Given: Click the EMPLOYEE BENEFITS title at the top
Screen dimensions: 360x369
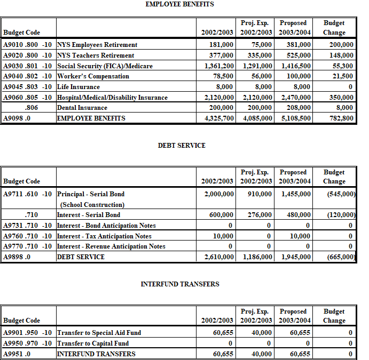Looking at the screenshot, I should click(180, 4).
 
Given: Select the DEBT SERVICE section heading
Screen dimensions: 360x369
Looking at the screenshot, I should click(182, 146).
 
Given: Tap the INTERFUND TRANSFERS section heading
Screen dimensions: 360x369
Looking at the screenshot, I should click(180, 284).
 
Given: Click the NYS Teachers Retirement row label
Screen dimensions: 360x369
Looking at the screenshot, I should click(96, 55).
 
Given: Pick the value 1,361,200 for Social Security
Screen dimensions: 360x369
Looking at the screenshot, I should click(219, 66).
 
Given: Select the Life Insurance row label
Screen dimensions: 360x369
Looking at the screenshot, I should click(78, 87).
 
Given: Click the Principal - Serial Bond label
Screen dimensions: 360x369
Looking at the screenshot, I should click(91, 194).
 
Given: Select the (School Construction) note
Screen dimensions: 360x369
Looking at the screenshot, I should click(92, 205).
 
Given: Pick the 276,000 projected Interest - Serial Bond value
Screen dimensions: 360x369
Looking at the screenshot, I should click(260, 215).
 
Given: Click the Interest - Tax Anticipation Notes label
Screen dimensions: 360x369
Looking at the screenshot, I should click(104, 236).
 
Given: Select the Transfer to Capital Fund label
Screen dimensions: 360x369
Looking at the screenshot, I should click(93, 343).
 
